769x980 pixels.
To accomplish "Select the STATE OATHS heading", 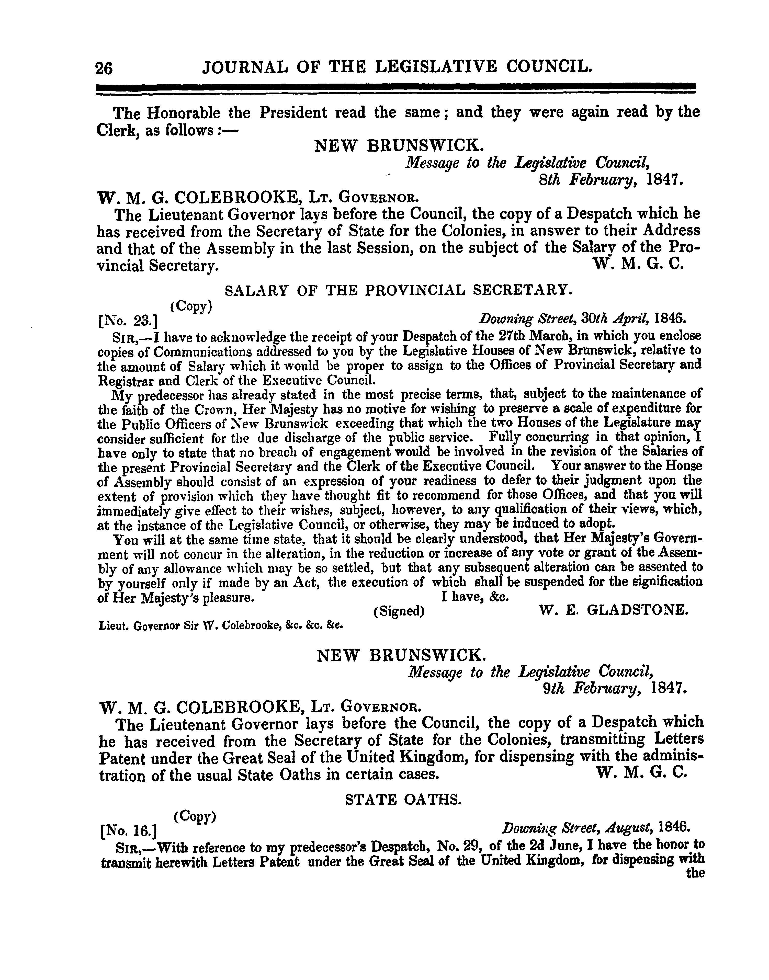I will coord(403,800).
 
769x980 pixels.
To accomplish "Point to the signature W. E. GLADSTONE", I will coord(613,611).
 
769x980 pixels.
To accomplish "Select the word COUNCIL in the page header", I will coord(548,67).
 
